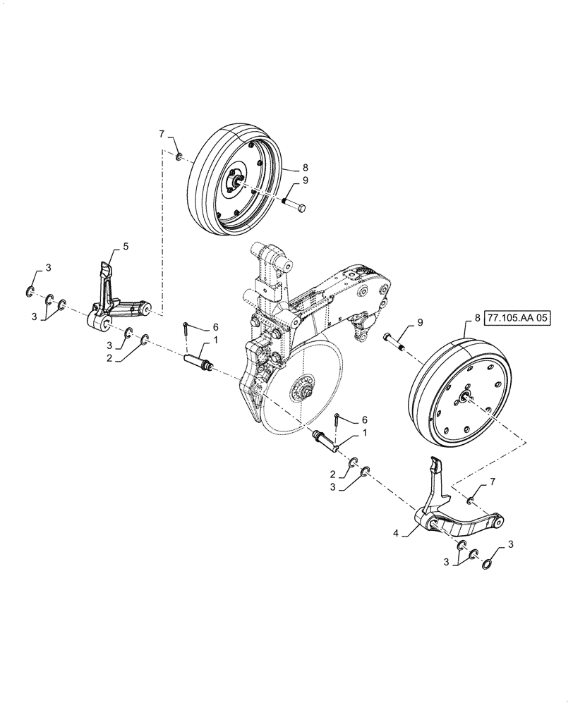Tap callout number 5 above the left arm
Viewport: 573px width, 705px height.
126,246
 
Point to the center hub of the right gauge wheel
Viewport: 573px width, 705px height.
466,398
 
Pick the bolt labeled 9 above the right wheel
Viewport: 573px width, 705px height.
395,342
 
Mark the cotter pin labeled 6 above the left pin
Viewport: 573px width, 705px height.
185,328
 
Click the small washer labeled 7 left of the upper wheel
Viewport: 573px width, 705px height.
179,156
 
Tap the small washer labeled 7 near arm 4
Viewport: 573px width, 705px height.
470,500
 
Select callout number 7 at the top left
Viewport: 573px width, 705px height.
161,133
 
